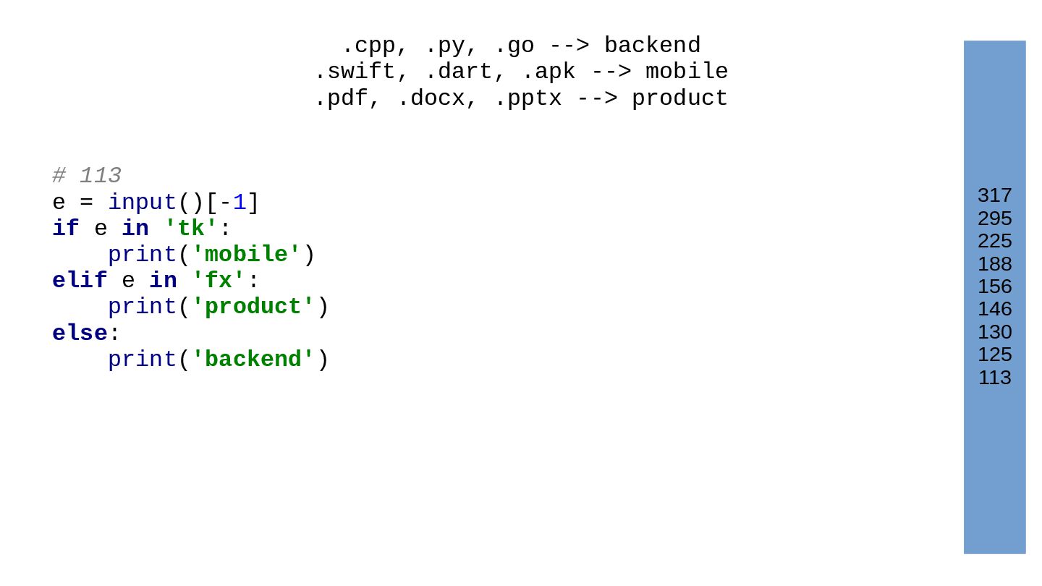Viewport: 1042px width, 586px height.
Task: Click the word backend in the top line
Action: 652,46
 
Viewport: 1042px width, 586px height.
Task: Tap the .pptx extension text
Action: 528,99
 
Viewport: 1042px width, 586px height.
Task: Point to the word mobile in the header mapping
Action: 687,72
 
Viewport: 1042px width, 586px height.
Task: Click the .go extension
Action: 514,46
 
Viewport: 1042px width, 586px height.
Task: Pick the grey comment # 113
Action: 87,176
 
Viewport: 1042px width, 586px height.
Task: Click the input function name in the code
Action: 142,203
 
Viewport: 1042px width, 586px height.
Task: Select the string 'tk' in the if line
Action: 190,229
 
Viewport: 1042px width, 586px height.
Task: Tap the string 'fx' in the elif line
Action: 218,281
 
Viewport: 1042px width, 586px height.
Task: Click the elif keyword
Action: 80,281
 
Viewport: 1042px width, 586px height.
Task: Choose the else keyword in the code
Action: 80,334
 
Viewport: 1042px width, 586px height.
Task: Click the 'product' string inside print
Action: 253,307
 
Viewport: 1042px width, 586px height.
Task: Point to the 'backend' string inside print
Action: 253,360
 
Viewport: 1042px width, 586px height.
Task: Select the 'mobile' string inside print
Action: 245,255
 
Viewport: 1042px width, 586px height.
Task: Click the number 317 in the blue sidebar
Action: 994,195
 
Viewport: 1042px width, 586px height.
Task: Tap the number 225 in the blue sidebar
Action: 994,241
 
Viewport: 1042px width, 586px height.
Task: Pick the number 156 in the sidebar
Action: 994,286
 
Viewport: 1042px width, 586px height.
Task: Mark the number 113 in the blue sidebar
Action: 994,378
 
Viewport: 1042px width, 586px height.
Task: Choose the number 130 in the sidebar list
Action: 994,332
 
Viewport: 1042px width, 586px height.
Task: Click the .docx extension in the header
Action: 431,99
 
